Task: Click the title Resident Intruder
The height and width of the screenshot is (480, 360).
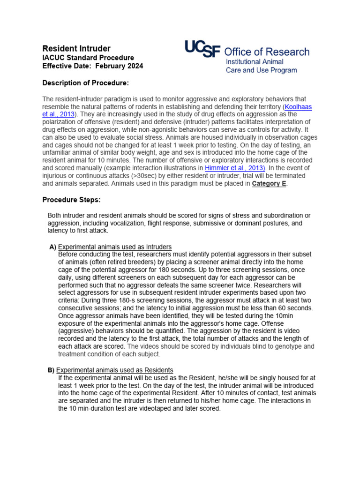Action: tap(76, 48)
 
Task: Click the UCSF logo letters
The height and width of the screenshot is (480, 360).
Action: tap(202, 49)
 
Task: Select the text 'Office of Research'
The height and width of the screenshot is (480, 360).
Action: tap(267, 52)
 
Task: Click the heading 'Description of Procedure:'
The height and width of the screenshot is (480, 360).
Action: tap(85, 83)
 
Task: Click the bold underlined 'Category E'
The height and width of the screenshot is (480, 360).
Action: tap(269, 184)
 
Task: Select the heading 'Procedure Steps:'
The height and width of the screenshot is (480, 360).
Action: tap(71, 200)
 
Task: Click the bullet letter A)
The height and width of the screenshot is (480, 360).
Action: tap(52, 247)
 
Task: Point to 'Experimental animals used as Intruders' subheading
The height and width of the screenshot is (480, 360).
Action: tap(114, 247)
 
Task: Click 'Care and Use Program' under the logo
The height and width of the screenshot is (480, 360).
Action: tap(261, 70)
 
